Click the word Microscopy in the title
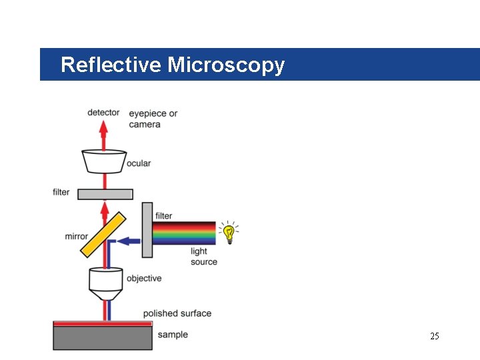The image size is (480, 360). point(226,65)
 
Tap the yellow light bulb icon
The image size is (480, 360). point(229,233)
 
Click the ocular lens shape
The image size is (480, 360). point(104,161)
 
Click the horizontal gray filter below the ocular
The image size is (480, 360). point(105,194)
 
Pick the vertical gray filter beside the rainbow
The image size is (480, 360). point(147,230)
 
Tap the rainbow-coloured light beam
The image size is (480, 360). point(184,233)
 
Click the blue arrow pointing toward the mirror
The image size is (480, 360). point(132,241)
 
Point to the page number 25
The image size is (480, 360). point(435,336)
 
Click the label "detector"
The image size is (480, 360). point(103,113)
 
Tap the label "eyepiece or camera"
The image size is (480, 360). point(153,119)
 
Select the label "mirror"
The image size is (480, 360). point(77,236)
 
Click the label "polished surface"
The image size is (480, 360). point(177,313)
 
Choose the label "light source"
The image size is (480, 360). point(203,257)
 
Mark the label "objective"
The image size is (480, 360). point(144,278)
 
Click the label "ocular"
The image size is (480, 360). point(139,163)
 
